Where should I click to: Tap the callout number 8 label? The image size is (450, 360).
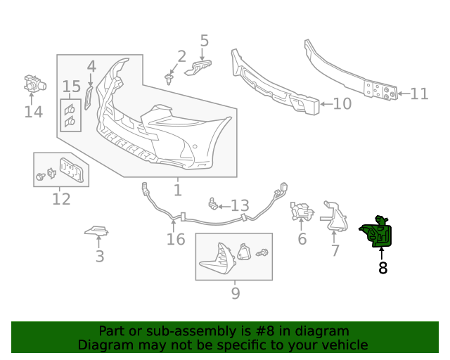[x=382, y=268]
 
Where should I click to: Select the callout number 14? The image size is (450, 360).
[x=33, y=112]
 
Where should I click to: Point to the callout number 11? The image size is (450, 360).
[x=419, y=94]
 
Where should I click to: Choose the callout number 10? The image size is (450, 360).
[x=342, y=104]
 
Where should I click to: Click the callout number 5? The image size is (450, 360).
[x=204, y=40]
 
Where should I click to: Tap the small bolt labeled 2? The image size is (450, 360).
[x=169, y=77]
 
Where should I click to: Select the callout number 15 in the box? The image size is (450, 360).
[x=72, y=86]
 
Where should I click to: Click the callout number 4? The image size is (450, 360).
[x=91, y=67]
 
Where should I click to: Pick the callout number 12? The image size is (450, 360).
[x=61, y=199]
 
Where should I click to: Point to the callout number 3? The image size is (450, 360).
[x=99, y=257]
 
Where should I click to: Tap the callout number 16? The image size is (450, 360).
[x=176, y=240]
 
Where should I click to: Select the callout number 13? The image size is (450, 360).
[x=240, y=206]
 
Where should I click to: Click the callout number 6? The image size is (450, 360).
[x=302, y=239]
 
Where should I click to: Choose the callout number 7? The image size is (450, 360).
[x=335, y=250]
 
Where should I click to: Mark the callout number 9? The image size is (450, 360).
[x=235, y=293]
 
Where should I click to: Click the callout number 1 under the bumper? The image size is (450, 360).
[x=177, y=190]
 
